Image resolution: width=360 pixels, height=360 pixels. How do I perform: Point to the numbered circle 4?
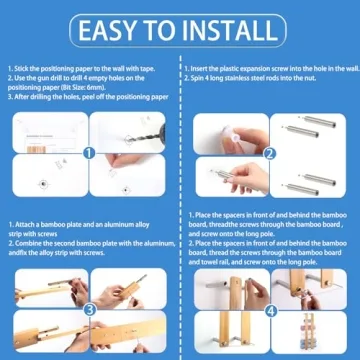[270, 309]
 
